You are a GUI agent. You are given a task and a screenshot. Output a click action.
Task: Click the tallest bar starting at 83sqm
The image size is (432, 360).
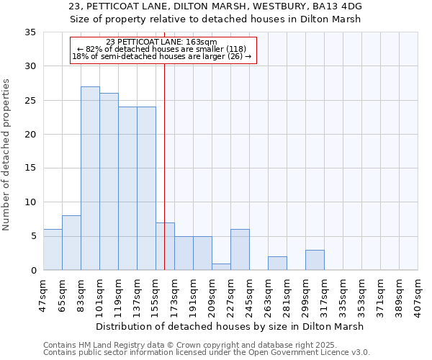coord(90,179)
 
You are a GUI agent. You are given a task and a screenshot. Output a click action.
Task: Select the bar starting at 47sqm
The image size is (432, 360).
coord(53,250)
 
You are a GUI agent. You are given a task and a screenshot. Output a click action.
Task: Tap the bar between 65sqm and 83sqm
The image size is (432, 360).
coord(71,243)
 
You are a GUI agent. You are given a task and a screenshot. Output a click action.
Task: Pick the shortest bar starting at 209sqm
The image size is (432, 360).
coord(221,267)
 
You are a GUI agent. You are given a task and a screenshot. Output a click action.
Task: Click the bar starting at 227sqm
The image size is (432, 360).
coord(240,250)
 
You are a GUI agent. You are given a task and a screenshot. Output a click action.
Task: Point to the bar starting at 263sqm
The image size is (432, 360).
coord(277,264)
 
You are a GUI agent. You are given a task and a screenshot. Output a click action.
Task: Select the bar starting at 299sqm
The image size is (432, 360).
coord(315,260)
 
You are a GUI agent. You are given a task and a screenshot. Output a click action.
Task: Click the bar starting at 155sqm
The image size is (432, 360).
coord(165,246)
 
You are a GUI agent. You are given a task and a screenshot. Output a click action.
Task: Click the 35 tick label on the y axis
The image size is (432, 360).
coord(30,32)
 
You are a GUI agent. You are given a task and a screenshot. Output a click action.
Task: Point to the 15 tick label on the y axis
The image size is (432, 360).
coord(30,168)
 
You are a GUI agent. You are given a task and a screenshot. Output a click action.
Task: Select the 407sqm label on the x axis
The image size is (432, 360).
coord(418,294)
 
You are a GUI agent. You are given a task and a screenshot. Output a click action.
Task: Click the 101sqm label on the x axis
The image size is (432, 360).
coord(99,294)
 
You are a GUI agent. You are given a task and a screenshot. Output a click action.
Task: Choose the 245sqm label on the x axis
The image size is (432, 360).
coord(249,294)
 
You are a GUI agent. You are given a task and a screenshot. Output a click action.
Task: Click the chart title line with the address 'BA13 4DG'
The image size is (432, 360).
coord(216,6)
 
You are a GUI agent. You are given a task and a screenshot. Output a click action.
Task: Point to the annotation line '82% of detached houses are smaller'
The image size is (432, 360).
coord(162,50)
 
